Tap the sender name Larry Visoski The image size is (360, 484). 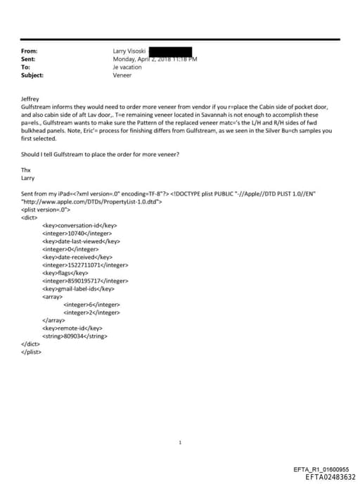pos(128,51)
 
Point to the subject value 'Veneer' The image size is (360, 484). pos(122,75)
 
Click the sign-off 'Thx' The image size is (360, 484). pos(27,169)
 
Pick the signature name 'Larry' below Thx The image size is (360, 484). pos(28,178)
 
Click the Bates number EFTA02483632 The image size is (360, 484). pos(326,476)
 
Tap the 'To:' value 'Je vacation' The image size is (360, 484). pos(127,67)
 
